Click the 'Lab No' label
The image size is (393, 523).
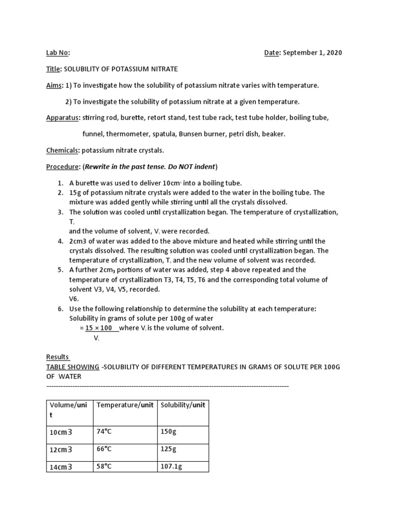pyautogui.click(x=58, y=53)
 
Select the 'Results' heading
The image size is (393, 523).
pyautogui.click(x=58, y=356)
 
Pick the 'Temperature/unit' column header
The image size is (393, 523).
pyautogui.click(x=125, y=405)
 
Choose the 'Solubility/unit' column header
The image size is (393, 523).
pyautogui.click(x=183, y=405)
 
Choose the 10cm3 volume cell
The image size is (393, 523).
pyautogui.click(x=61, y=432)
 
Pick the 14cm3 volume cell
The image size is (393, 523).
pyautogui.click(x=61, y=467)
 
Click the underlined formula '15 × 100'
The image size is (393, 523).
pyautogui.click(x=99, y=328)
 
